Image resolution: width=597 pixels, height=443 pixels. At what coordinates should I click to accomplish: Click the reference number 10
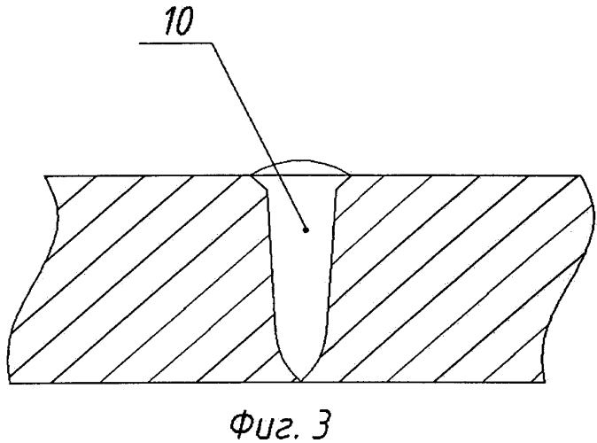(x=179, y=21)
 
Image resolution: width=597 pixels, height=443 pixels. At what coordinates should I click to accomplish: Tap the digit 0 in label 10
(x=184, y=21)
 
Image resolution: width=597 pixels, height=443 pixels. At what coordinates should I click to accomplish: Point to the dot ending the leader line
(x=306, y=229)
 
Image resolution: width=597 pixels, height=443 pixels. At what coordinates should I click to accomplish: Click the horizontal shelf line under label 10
(x=176, y=43)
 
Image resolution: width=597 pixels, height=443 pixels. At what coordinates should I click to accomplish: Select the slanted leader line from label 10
(x=259, y=136)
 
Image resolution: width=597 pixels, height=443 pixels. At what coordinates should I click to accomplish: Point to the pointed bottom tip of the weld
(x=301, y=381)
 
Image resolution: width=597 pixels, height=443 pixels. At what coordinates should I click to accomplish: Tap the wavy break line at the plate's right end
(x=567, y=278)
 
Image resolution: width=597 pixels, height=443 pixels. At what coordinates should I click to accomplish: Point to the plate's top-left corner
(x=45, y=176)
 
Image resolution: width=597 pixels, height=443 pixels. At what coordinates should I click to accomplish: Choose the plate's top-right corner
(x=580, y=175)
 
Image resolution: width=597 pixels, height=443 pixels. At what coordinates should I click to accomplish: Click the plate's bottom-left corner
(x=10, y=383)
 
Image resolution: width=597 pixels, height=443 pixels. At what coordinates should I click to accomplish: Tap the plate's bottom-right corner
(x=545, y=382)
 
